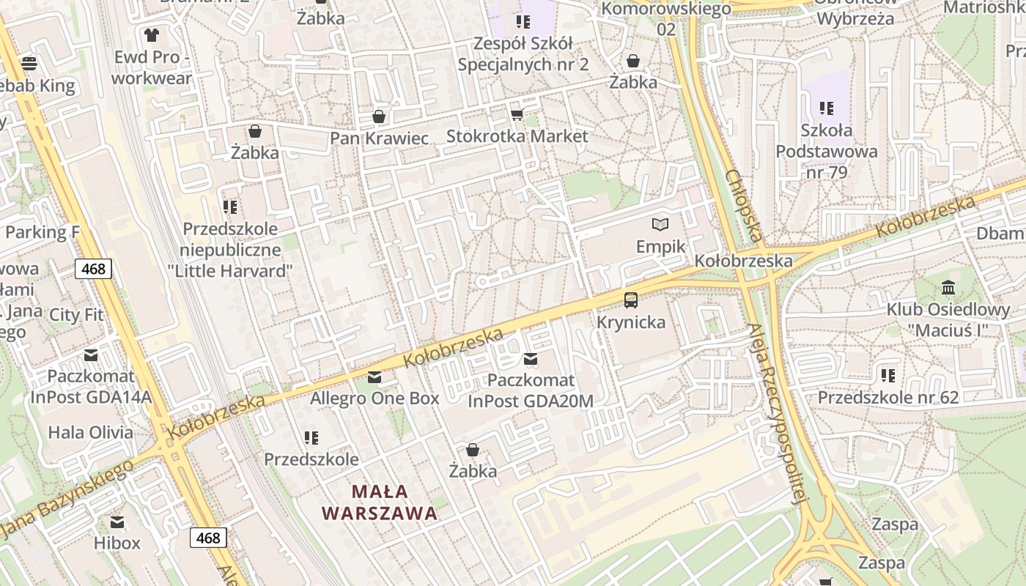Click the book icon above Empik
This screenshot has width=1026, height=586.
point(660,224)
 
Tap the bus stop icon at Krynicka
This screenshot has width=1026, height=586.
point(631,300)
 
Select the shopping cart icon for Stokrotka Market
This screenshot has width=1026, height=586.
point(517,114)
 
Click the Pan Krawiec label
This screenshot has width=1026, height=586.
point(379,138)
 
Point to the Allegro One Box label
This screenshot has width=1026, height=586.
point(374,398)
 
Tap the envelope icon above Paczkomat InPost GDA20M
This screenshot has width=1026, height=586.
point(531,359)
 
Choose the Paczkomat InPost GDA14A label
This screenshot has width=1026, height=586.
point(91,386)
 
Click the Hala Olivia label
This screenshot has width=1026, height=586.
point(91,432)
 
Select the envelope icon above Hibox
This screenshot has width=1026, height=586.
point(117,522)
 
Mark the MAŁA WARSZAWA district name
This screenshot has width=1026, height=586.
point(380,502)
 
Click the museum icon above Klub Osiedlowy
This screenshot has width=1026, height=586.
point(948,286)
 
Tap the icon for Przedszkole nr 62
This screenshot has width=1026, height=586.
point(888,376)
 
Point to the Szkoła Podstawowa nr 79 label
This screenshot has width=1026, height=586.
point(827,152)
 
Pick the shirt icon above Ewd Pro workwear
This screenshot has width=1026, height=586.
point(152,34)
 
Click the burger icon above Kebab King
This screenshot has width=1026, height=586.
point(29,63)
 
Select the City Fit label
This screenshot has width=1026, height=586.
point(76,315)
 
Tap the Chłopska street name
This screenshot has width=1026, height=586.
point(745,207)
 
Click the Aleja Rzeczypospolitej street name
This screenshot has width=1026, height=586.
point(778,414)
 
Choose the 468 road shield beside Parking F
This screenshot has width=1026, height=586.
point(94,269)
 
